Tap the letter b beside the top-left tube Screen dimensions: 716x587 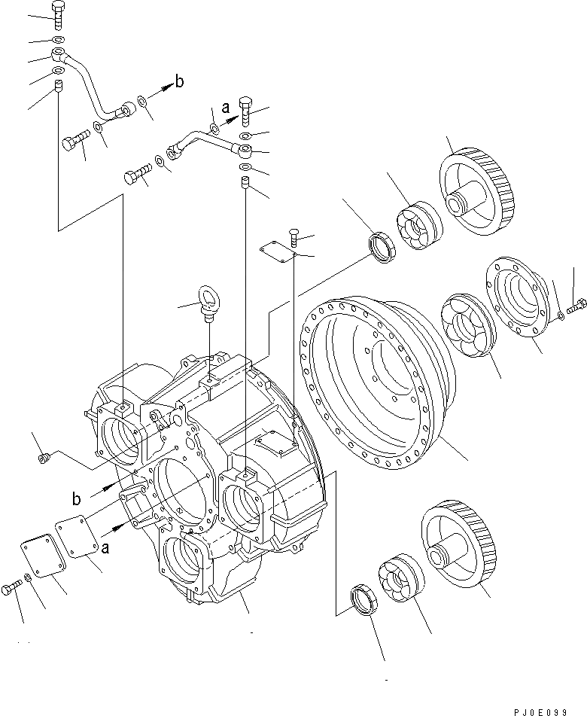point(178,81)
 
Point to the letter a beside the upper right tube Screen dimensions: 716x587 point(225,108)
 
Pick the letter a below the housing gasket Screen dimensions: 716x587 point(106,548)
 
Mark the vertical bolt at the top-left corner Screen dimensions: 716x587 point(59,11)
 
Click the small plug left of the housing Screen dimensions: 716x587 point(44,456)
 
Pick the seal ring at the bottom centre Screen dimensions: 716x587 point(364,603)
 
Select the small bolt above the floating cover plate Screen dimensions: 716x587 point(294,238)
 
